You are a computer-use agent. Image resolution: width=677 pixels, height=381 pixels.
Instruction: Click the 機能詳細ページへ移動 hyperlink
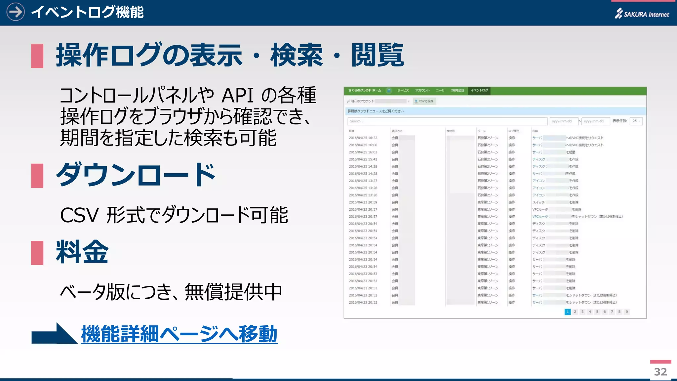[179, 334]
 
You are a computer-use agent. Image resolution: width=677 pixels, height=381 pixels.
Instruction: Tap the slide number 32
[660, 372]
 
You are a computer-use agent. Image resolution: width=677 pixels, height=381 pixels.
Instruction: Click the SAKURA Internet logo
[642, 14]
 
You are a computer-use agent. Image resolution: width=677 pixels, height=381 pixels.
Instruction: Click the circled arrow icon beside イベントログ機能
[16, 12]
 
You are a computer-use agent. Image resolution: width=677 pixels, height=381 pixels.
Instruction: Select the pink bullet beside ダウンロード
[37, 176]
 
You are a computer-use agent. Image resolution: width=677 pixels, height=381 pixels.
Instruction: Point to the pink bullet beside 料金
[37, 253]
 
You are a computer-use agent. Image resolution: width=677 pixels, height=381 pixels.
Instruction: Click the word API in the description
[237, 96]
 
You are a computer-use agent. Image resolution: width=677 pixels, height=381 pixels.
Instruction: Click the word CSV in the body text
[79, 215]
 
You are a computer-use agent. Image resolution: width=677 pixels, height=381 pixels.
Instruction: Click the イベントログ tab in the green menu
[479, 90]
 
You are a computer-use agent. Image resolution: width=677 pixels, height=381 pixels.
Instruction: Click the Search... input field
[447, 121]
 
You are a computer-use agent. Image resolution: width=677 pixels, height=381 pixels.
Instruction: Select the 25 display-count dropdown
[636, 121]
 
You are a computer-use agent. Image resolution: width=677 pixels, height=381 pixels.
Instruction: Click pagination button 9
[626, 312]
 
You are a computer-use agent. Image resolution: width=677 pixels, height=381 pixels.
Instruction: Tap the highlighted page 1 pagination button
[568, 312]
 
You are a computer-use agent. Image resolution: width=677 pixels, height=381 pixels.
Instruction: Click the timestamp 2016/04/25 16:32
[363, 138]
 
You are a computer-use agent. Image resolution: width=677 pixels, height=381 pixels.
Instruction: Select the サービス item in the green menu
[403, 90]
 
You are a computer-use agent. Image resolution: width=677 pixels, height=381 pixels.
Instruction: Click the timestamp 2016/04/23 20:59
[363, 202]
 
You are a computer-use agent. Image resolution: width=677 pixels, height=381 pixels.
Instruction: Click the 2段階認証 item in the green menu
[458, 90]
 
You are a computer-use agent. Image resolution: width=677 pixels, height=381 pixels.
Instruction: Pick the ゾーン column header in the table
[482, 131]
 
